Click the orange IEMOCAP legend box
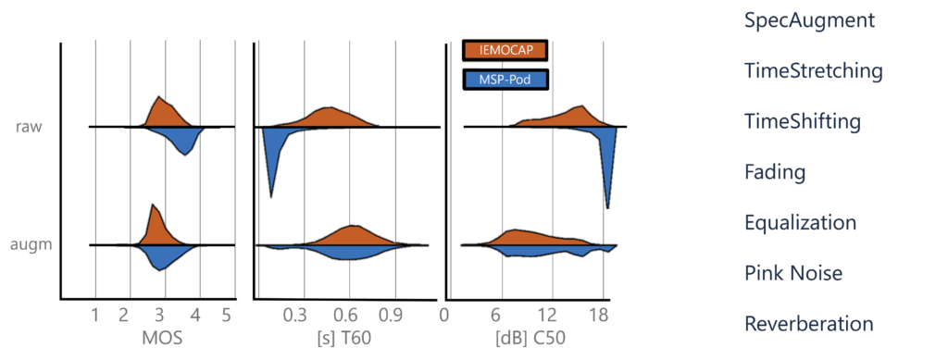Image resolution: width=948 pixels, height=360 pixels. coord(505,50)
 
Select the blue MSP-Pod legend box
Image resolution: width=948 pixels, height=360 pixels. coord(505,80)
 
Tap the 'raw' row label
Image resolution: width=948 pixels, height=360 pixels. coord(29,127)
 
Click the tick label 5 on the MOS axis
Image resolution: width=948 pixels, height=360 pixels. coord(226,315)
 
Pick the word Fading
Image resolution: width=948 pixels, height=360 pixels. coord(774,172)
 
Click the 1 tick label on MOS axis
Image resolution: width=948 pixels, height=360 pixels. coord(95,315)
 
